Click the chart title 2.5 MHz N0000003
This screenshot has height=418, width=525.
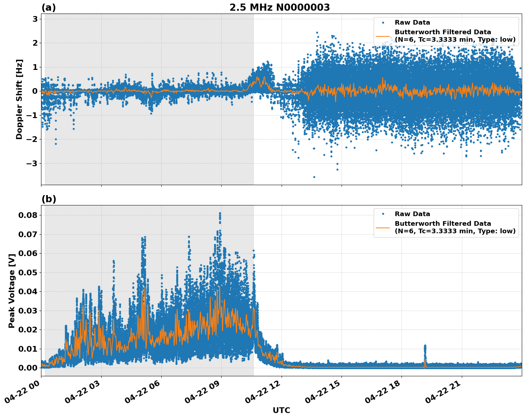(279, 7)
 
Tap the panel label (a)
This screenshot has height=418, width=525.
(49, 7)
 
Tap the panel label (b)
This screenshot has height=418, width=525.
(49, 199)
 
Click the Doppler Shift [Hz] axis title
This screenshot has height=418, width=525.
(19, 99)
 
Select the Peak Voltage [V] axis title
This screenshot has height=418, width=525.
(11, 291)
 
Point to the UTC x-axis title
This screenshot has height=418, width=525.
(281, 410)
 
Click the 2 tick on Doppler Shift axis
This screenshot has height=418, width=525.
(35, 43)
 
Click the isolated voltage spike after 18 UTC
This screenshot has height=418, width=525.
(425, 348)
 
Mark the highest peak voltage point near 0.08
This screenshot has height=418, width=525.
(220, 213)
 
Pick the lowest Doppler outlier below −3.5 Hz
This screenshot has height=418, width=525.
(314, 177)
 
